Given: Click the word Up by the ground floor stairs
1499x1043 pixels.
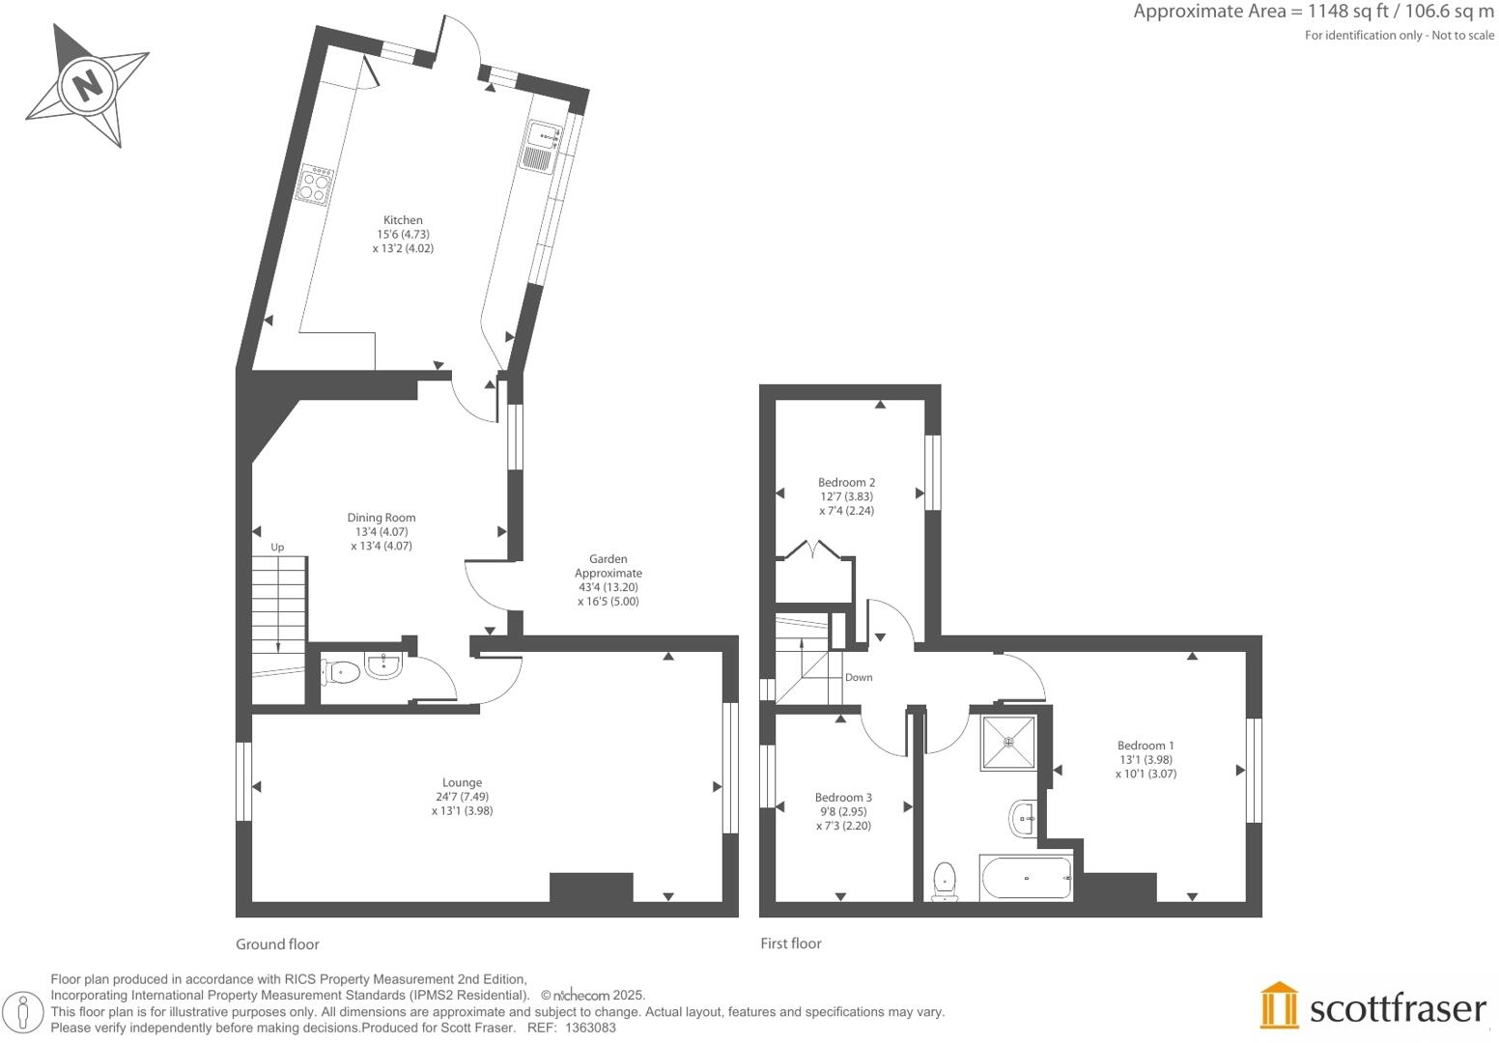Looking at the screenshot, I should coord(277,548).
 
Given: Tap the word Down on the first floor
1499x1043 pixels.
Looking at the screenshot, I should coord(859,678).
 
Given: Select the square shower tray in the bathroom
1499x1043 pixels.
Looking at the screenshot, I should coord(1008,742).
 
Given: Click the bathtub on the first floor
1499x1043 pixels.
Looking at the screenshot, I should coord(1025,878).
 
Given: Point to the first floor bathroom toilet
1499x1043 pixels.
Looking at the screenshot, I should coord(945,881).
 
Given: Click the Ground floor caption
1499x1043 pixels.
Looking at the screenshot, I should coord(277,944).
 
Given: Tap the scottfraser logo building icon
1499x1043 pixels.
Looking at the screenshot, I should coord(1280,1005).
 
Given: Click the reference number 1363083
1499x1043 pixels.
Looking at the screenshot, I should coord(590,1028).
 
